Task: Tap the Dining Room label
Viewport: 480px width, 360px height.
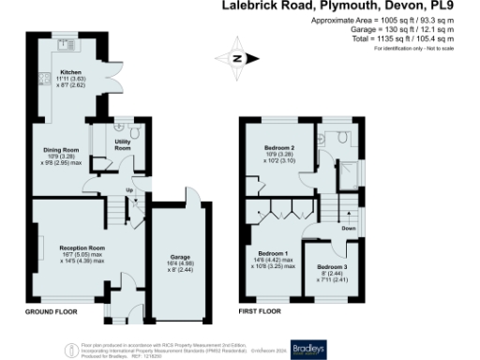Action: point(58,149)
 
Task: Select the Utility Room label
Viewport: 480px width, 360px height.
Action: point(122,145)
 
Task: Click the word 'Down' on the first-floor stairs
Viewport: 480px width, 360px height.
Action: point(348,228)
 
